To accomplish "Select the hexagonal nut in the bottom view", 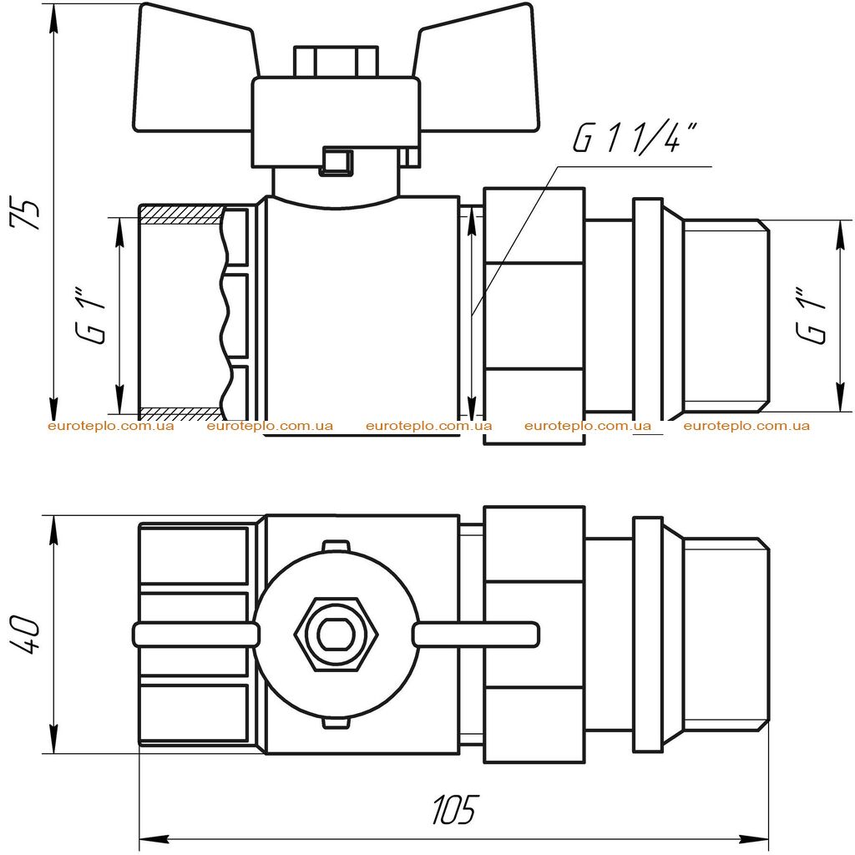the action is (x=336, y=635).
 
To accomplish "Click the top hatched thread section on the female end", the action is (x=181, y=215).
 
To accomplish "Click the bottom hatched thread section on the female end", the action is (x=181, y=412).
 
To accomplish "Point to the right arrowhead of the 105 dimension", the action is (x=754, y=839).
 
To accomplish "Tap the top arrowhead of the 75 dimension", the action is (x=53, y=18).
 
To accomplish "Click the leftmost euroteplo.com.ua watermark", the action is (x=111, y=426).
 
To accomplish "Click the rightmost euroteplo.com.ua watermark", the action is (x=746, y=426).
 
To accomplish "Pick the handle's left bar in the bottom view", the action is (x=195, y=635).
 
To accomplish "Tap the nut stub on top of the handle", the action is (x=336, y=61).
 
